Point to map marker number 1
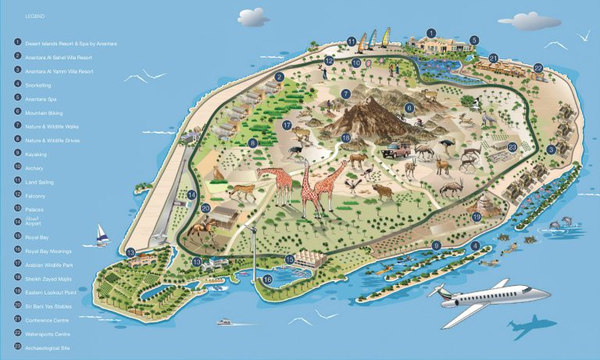430,34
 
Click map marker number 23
512,147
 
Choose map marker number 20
205,208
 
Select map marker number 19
477,216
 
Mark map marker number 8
252,144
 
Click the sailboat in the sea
102,234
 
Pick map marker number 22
538,69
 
